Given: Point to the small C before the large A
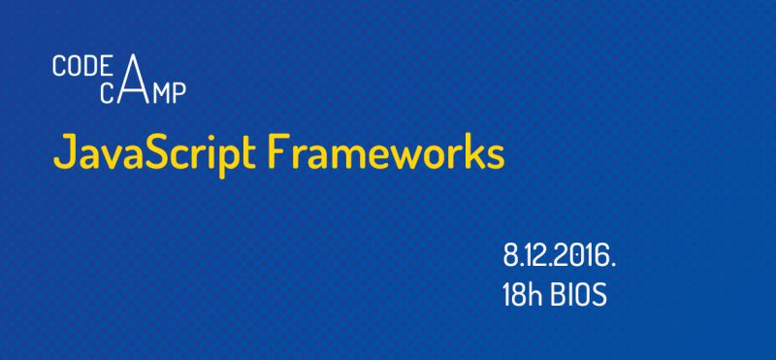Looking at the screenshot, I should point(108,93).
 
